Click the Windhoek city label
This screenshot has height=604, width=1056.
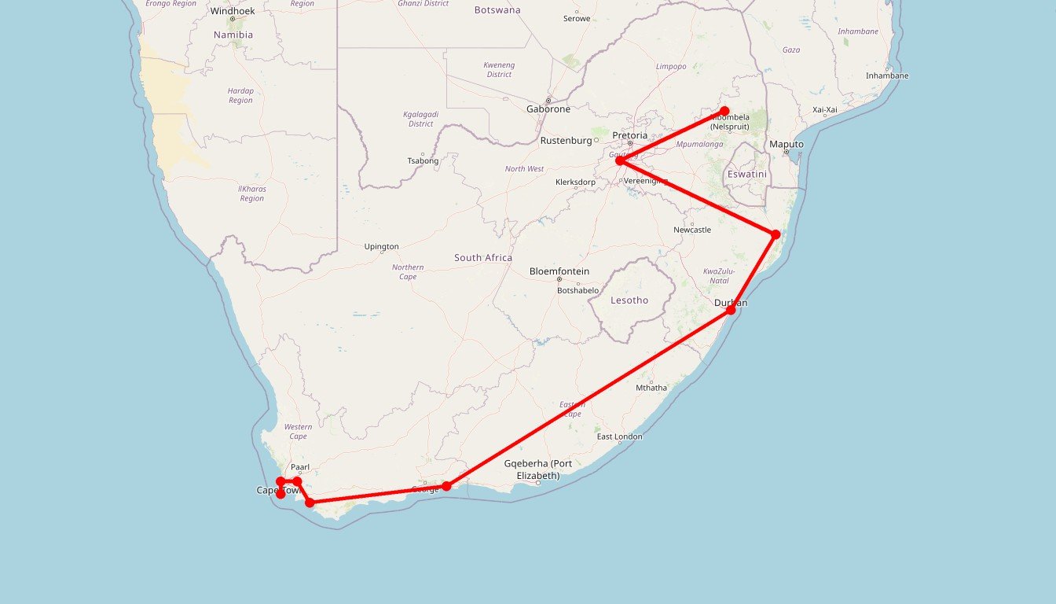(x=233, y=11)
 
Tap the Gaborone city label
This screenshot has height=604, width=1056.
(x=548, y=109)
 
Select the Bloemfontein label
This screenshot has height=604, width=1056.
(x=559, y=271)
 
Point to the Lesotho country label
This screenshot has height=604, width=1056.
(x=629, y=300)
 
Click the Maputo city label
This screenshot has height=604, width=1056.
(x=786, y=145)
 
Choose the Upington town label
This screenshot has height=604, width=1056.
(x=382, y=247)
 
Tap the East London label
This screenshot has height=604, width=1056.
(x=619, y=436)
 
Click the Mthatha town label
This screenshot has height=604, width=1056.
(x=651, y=388)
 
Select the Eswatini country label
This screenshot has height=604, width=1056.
(x=746, y=174)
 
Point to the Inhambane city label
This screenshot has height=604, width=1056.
(x=887, y=75)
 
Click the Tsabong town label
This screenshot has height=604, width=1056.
(x=423, y=161)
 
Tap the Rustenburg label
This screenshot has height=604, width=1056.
(x=566, y=141)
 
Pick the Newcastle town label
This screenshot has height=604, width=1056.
(x=692, y=230)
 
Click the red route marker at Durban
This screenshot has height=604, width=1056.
(x=731, y=310)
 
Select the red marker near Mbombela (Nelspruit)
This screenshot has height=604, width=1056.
(x=724, y=111)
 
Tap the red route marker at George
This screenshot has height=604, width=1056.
(x=446, y=486)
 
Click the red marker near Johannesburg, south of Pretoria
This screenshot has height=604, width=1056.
(x=620, y=160)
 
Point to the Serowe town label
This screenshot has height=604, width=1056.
(x=577, y=19)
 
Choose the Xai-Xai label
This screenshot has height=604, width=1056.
(x=825, y=110)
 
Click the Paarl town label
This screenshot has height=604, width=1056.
(x=300, y=467)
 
